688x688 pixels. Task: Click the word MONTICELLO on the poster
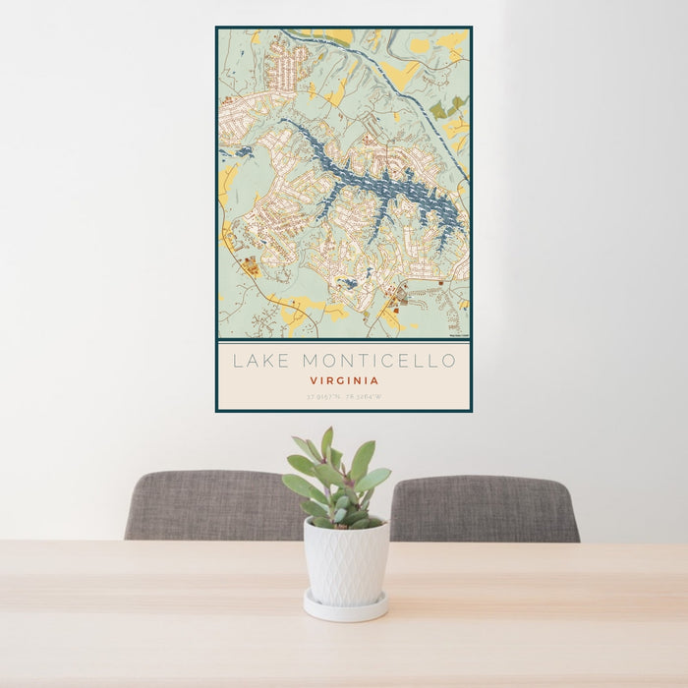coord(377,361)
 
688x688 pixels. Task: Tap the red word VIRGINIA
coord(344,380)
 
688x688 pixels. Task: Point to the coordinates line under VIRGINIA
coord(344,397)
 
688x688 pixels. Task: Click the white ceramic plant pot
coord(345,561)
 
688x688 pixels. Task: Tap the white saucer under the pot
coord(345,607)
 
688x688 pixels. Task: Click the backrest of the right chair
coord(484,507)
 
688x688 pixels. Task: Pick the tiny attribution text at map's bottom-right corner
coord(458,335)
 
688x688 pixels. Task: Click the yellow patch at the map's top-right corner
coord(452,41)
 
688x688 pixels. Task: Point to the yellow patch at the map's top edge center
coord(338,36)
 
